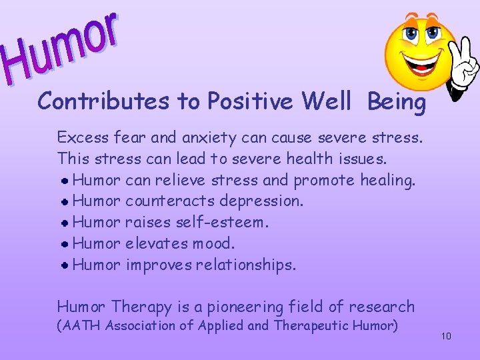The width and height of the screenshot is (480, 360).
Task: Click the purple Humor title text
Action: (63, 47)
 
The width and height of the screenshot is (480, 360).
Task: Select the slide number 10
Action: (446, 336)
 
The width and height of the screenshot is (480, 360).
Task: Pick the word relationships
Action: (244, 265)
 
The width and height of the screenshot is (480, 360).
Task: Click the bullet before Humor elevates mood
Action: (66, 244)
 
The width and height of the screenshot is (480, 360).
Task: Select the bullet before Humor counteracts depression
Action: (66, 201)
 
